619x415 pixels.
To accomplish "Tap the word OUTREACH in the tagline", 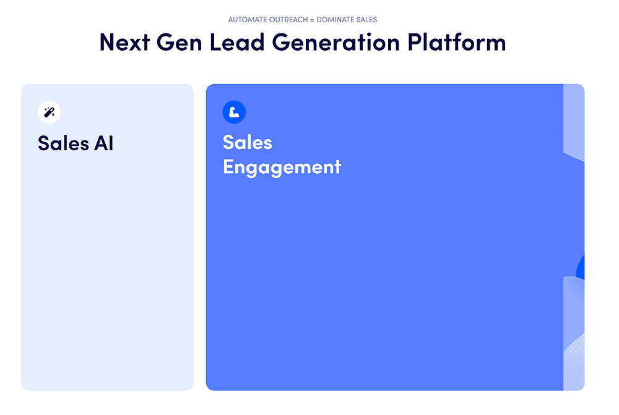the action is pos(289,20).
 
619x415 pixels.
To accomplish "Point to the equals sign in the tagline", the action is pos(312,20).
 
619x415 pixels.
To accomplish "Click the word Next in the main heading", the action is pos(124,42).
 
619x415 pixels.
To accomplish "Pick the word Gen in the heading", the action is pos(180,42).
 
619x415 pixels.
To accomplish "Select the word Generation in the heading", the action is pos(336,42).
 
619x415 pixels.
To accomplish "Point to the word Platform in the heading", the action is pos(457,42).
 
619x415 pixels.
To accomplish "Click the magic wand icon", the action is pos(50,112).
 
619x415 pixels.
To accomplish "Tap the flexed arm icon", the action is pos(234,112).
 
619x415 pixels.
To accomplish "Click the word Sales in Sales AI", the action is pos(64,143).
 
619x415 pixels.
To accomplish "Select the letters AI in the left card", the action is pos(103,143).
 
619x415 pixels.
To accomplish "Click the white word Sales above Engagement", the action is pos(248,142).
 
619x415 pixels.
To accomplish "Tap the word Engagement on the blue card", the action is pos(282,168).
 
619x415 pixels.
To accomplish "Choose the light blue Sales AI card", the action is pos(107,237).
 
